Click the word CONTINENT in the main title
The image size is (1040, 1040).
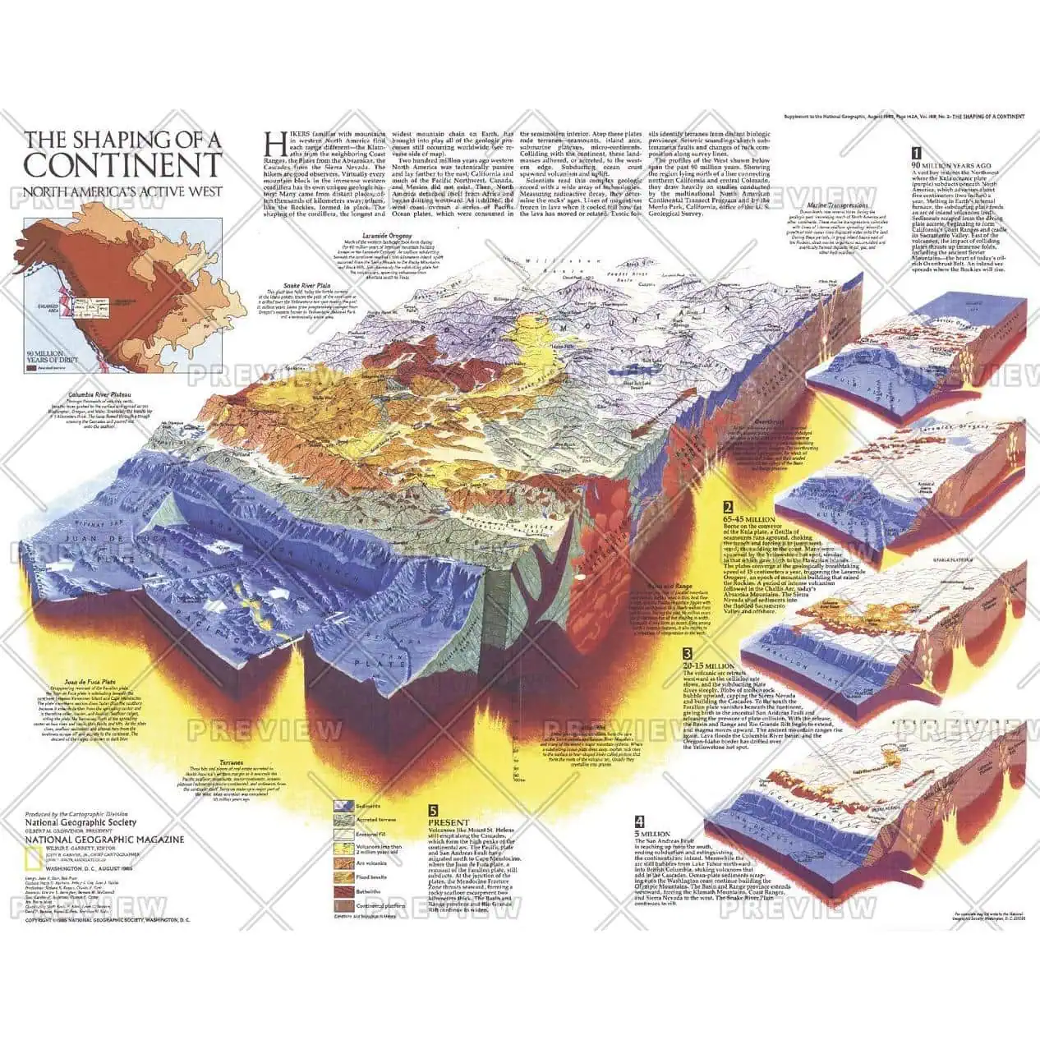pyautogui.click(x=122, y=164)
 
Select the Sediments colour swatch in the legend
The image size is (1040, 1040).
pyautogui.click(x=343, y=807)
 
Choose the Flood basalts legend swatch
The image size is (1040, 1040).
pyautogui.click(x=343, y=876)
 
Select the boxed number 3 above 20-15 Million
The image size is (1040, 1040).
pyautogui.click(x=687, y=655)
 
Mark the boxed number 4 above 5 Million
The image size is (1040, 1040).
pyautogui.click(x=639, y=821)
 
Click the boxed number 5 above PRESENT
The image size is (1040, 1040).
pyautogui.click(x=433, y=809)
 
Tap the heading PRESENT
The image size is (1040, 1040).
pyautogui.click(x=449, y=822)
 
